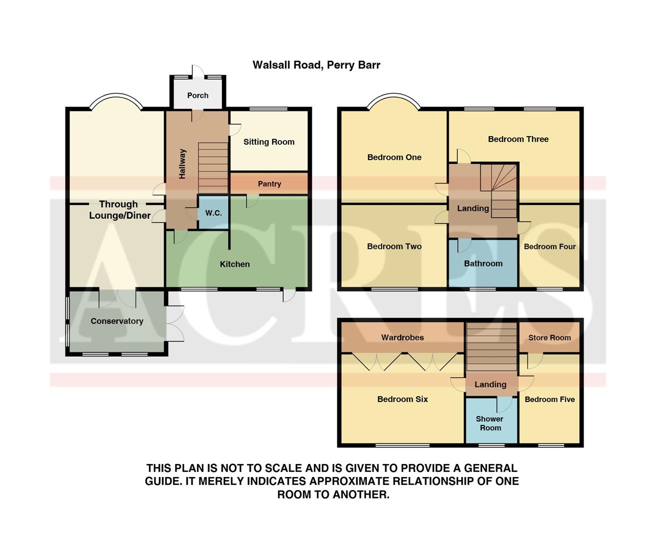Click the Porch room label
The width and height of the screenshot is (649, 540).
pos(198,95)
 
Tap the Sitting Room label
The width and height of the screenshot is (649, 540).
pos(269,142)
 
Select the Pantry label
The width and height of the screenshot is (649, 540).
pos(269,184)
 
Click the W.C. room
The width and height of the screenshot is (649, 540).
pos(213,213)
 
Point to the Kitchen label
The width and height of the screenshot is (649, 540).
pos(235,264)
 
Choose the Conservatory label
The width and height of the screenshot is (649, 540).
pos(117,321)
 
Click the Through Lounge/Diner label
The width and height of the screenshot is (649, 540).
pos(119,210)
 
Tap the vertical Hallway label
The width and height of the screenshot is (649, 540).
pos(182,163)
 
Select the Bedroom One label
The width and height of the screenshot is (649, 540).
pos(394,157)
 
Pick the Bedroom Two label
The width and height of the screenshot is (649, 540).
pos(394,246)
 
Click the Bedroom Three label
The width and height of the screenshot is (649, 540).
pos(518,139)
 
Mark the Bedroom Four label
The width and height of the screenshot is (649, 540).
pos(550,246)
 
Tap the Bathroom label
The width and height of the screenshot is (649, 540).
pos(483,263)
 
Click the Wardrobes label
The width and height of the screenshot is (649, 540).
pos(402,337)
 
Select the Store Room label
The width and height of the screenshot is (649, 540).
pos(550,338)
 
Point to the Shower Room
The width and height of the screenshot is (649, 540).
pos(490,423)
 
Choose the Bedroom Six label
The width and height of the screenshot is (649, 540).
pos(402,399)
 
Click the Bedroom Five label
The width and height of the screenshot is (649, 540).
pos(550,399)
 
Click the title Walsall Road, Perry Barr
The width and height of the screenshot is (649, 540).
pos(316,65)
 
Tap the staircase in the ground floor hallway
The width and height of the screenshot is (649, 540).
pos(213,168)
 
